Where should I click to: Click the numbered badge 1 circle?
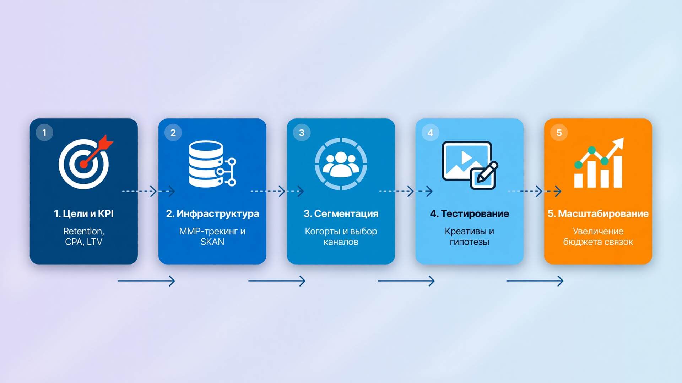pos(44,133)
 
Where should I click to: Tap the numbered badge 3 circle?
pos(302,133)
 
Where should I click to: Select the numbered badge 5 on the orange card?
pos(559,133)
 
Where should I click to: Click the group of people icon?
pos(341,164)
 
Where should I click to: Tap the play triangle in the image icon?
pos(466,157)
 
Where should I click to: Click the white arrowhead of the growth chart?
pos(618,143)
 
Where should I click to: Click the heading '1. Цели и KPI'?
pos(84,213)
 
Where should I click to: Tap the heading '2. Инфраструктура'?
pos(212,214)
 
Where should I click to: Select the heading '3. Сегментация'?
pos(341,214)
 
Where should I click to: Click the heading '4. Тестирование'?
pos(470,214)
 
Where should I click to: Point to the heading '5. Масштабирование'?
pos(598,214)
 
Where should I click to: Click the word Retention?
pos(83,231)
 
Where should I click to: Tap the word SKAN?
pos(212,242)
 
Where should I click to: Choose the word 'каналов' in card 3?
pos(341,242)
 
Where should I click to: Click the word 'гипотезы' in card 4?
pos(470,242)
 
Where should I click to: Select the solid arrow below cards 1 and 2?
pos(146,281)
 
